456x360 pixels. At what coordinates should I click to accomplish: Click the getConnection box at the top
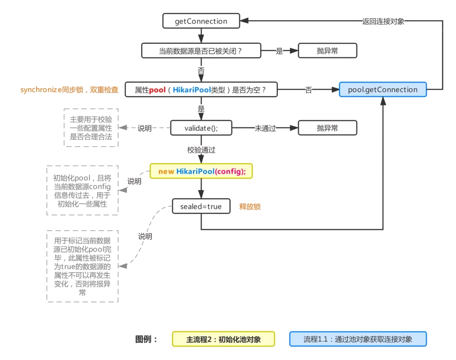(201, 21)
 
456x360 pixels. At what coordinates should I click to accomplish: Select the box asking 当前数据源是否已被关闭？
(201, 51)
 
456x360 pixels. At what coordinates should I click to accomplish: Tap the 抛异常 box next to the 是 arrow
(327, 51)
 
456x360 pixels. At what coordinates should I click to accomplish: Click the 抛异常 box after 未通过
(327, 128)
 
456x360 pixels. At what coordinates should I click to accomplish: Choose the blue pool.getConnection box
(383, 90)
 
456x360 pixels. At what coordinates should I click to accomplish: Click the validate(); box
(201, 128)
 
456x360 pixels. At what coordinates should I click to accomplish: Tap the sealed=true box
(201, 206)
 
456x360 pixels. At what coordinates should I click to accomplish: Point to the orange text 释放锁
(250, 207)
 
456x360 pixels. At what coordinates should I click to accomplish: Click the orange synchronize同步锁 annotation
(69, 90)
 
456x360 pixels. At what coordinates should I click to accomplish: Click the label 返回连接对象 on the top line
(383, 21)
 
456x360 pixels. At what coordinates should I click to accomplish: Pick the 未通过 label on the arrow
(265, 128)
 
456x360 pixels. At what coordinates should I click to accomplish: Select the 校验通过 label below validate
(201, 150)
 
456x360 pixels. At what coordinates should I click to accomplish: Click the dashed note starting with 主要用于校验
(91, 128)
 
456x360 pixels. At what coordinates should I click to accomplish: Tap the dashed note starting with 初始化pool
(82, 191)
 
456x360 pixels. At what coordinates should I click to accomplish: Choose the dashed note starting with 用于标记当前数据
(82, 266)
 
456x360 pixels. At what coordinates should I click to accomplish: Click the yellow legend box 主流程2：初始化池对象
(224, 339)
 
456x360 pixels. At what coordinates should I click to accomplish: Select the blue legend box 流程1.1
(358, 339)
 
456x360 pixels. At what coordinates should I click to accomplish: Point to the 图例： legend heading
(147, 339)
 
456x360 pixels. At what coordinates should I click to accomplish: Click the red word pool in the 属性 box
(157, 90)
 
